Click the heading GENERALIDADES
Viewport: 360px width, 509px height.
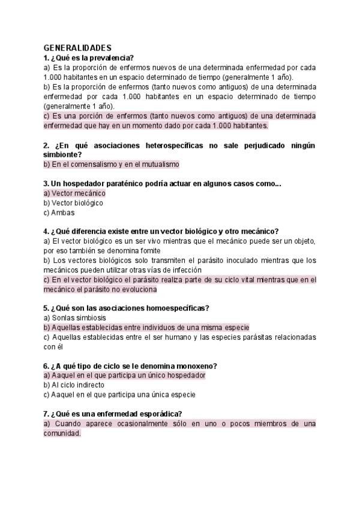coord(77,47)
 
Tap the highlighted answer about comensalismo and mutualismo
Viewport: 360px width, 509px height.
coord(112,164)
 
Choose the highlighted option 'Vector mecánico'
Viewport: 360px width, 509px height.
coord(74,193)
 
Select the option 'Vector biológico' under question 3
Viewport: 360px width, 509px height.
coord(73,203)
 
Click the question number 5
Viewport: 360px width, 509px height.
coord(46,308)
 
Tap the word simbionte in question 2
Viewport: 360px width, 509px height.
coord(61,154)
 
